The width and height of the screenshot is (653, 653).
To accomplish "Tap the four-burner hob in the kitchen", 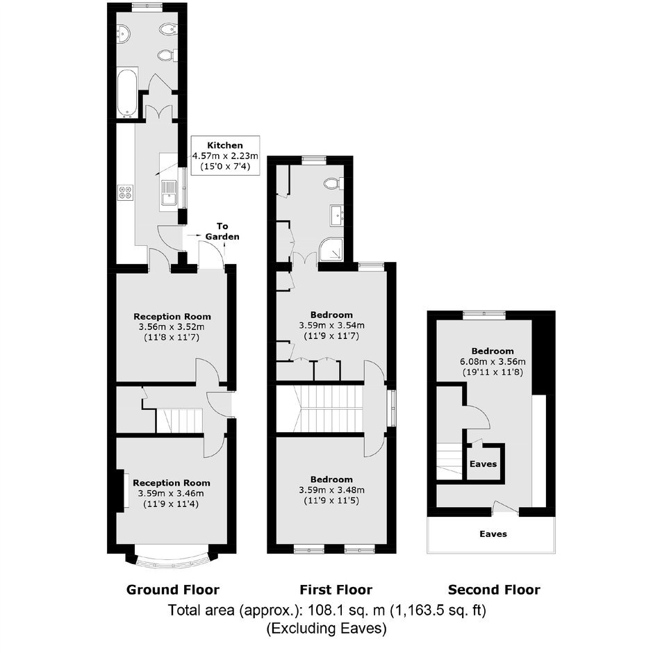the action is pyautogui.click(x=126, y=193).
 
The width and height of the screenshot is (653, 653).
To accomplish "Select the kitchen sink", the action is pyautogui.click(x=169, y=193).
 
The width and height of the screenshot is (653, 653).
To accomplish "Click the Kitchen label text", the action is pyautogui.click(x=225, y=145).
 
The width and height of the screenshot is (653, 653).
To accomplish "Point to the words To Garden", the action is pyautogui.click(x=222, y=231).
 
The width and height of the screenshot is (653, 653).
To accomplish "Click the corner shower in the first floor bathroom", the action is pyautogui.click(x=331, y=250).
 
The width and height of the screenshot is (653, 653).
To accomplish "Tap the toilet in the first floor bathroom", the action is pyautogui.click(x=333, y=183).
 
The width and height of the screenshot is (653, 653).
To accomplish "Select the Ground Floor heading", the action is pyautogui.click(x=173, y=590).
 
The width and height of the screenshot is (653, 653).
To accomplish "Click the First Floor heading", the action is pyautogui.click(x=336, y=590).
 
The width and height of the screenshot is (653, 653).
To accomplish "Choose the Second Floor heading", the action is pyautogui.click(x=494, y=590).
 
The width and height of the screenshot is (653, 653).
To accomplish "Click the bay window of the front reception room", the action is pyautogui.click(x=172, y=559).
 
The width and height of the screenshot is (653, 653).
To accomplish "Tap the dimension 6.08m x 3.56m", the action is pyautogui.click(x=493, y=361).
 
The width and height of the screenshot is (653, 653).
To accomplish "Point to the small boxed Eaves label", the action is pyautogui.click(x=483, y=464).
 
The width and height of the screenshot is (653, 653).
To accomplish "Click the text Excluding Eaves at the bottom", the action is pyautogui.click(x=326, y=628).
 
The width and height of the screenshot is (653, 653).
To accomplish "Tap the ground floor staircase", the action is pyautogui.click(x=179, y=420).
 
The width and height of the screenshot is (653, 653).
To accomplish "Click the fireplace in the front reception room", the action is pyautogui.click(x=121, y=490).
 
